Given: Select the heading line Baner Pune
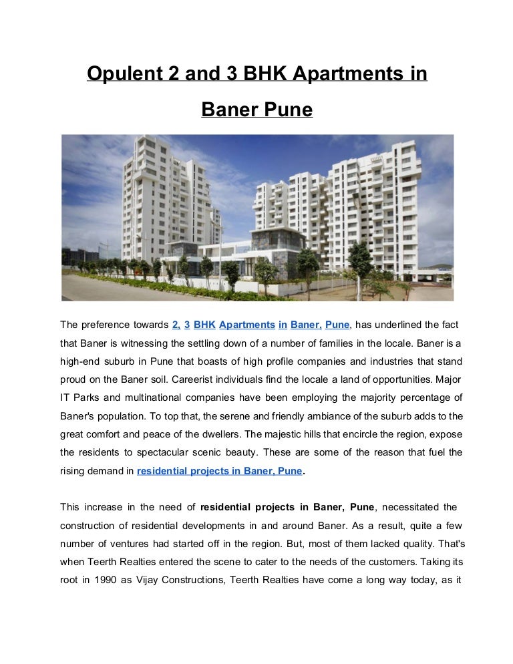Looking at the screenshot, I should (x=256, y=108).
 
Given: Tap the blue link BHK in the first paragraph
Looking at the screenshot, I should (x=204, y=325).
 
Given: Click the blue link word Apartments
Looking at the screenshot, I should (x=246, y=325).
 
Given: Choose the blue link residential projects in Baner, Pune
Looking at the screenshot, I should (x=219, y=471).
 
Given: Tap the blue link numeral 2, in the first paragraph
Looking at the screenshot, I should (x=176, y=325).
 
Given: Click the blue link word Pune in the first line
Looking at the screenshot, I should (x=337, y=325).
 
